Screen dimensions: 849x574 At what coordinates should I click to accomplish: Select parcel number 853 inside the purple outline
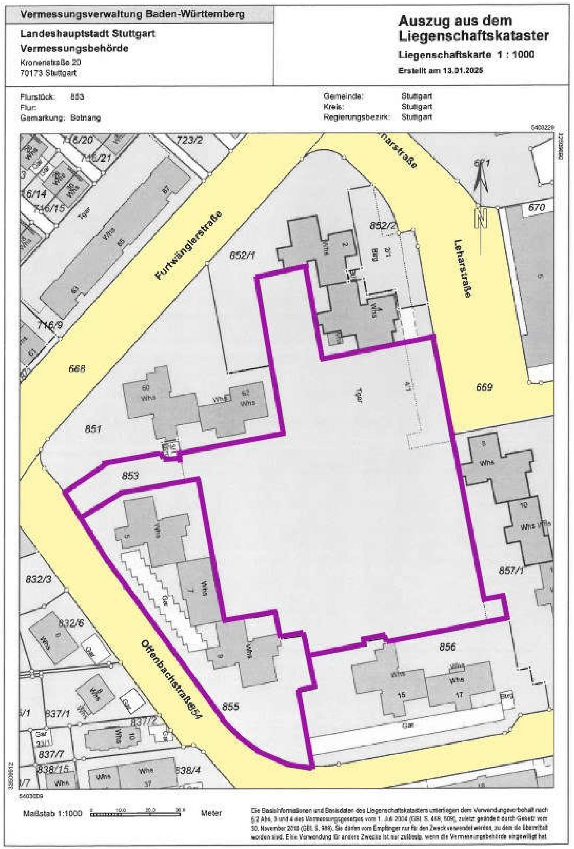coord(130,475)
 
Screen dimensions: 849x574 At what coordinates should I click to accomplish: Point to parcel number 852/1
coord(242,255)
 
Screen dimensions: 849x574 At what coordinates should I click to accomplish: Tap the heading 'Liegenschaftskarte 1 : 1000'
coord(466,55)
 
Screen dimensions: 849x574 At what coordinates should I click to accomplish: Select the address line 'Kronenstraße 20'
coord(51,62)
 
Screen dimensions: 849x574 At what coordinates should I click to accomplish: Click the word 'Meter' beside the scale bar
coord(211,813)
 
